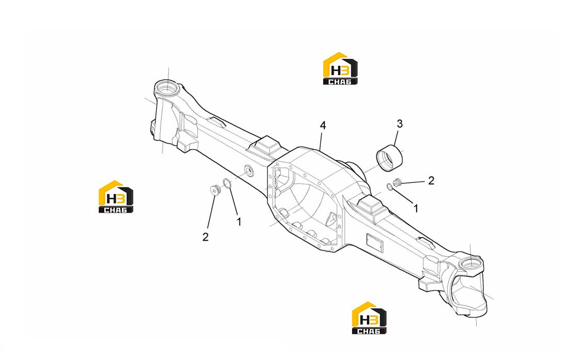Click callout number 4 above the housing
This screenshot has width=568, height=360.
[323, 126]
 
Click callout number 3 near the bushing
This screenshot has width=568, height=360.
[400, 123]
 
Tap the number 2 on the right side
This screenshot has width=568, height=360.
[431, 180]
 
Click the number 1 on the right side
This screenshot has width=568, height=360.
[416, 208]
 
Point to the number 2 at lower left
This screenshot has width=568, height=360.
[206, 237]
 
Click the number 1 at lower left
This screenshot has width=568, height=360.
[239, 221]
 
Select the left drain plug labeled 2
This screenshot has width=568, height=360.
[216, 190]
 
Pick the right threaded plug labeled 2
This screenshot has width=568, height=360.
[398, 182]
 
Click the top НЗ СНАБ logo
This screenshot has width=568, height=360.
[340, 69]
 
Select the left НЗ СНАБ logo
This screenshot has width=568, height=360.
[116, 197]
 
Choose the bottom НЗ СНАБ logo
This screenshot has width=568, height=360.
[369, 318]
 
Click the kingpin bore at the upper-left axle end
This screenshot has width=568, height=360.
[167, 88]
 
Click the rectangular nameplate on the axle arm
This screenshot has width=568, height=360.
[374, 242]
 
